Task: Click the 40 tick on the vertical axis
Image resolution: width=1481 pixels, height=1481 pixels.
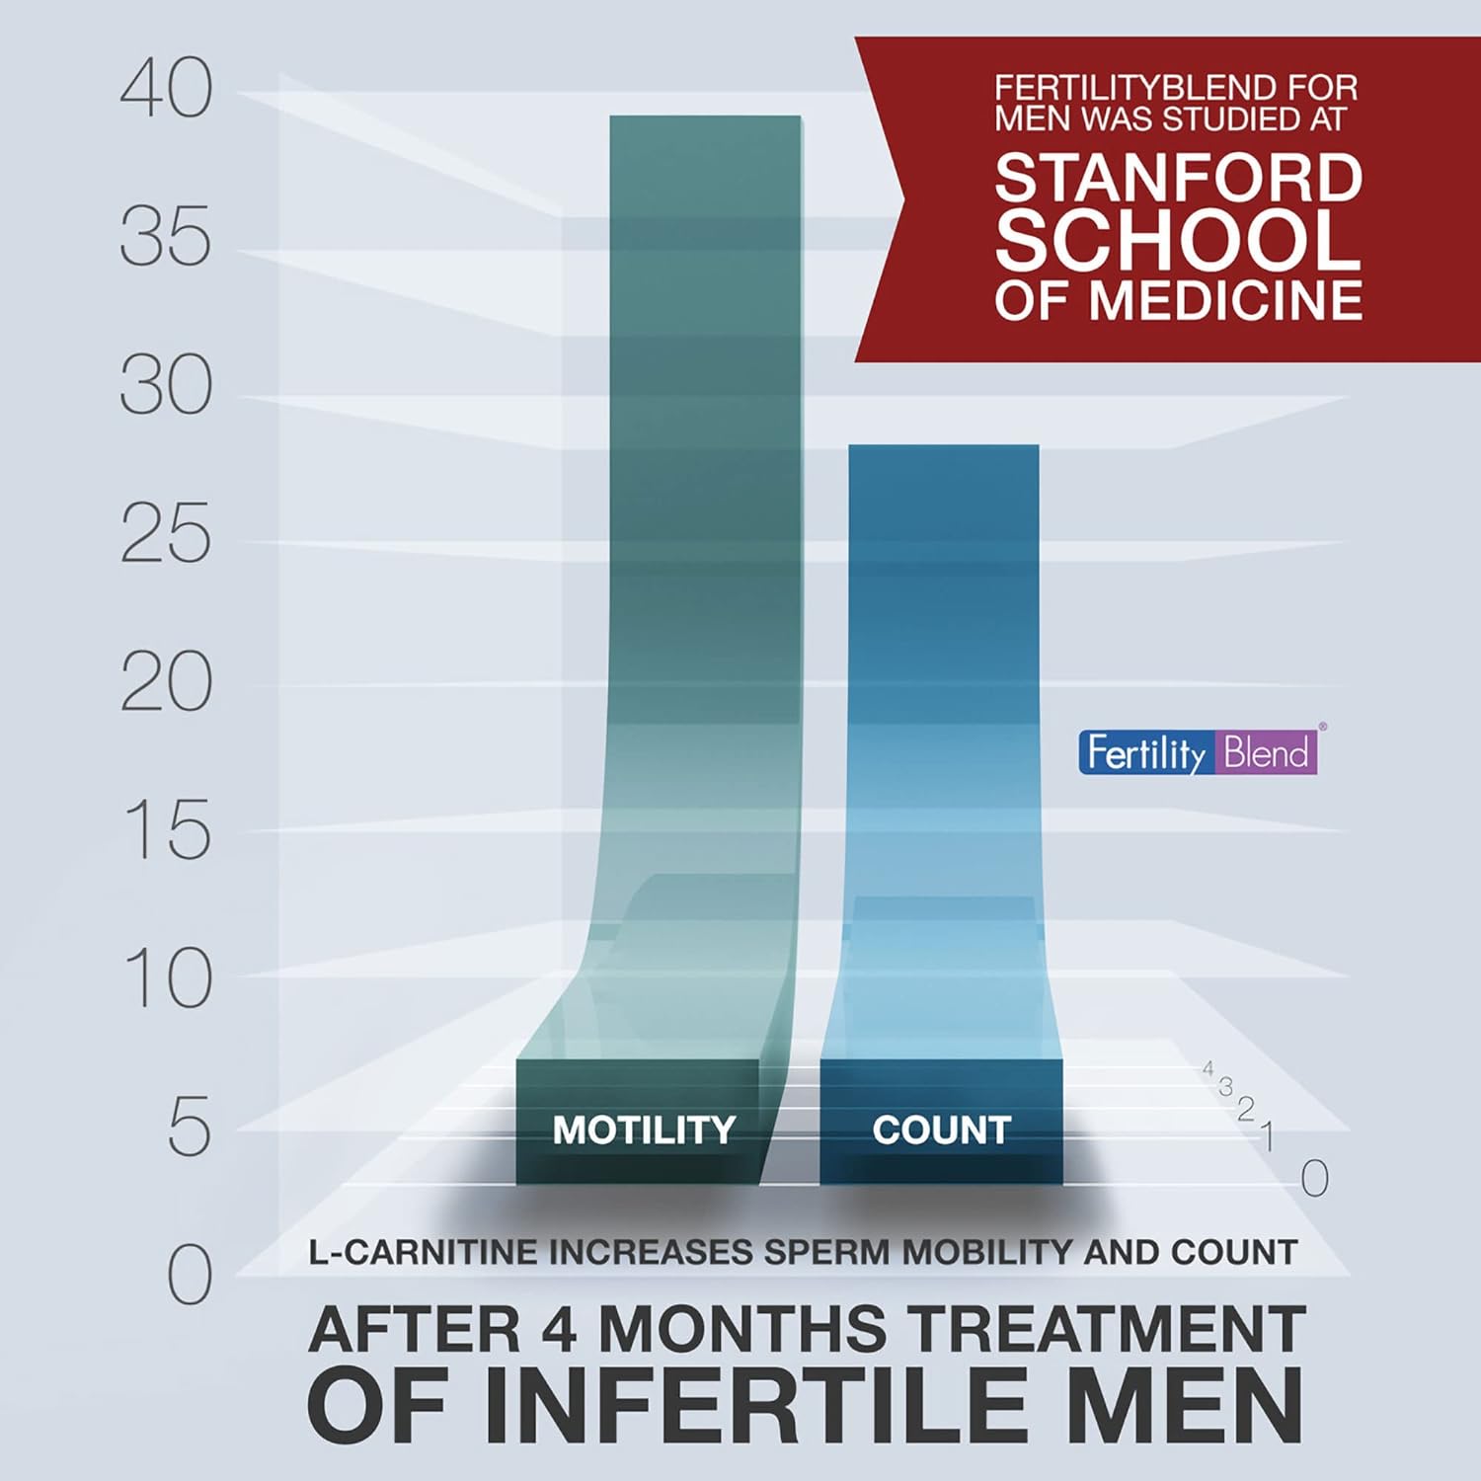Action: [166, 89]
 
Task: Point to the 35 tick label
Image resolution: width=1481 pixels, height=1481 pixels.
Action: [166, 237]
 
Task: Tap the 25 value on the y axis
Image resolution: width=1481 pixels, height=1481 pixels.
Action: [166, 534]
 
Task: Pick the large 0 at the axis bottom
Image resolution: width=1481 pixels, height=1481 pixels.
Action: [189, 1275]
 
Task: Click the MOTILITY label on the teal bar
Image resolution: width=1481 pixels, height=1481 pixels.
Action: [644, 1130]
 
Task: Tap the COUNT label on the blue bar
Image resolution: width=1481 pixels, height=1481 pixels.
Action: [941, 1130]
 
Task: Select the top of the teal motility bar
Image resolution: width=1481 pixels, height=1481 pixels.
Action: [705, 118]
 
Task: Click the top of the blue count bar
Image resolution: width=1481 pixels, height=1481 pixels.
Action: [943, 447]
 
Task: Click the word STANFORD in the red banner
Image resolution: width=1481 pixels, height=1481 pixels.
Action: [1178, 179]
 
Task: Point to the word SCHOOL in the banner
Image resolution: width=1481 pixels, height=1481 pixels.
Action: [1178, 240]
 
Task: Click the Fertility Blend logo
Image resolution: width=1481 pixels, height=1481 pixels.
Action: [1197, 753]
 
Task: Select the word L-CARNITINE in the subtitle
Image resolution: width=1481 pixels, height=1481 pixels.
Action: [425, 1252]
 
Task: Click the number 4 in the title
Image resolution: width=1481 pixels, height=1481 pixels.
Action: [561, 1329]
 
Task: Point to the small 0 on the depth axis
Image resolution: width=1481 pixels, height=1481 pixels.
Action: [1314, 1178]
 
